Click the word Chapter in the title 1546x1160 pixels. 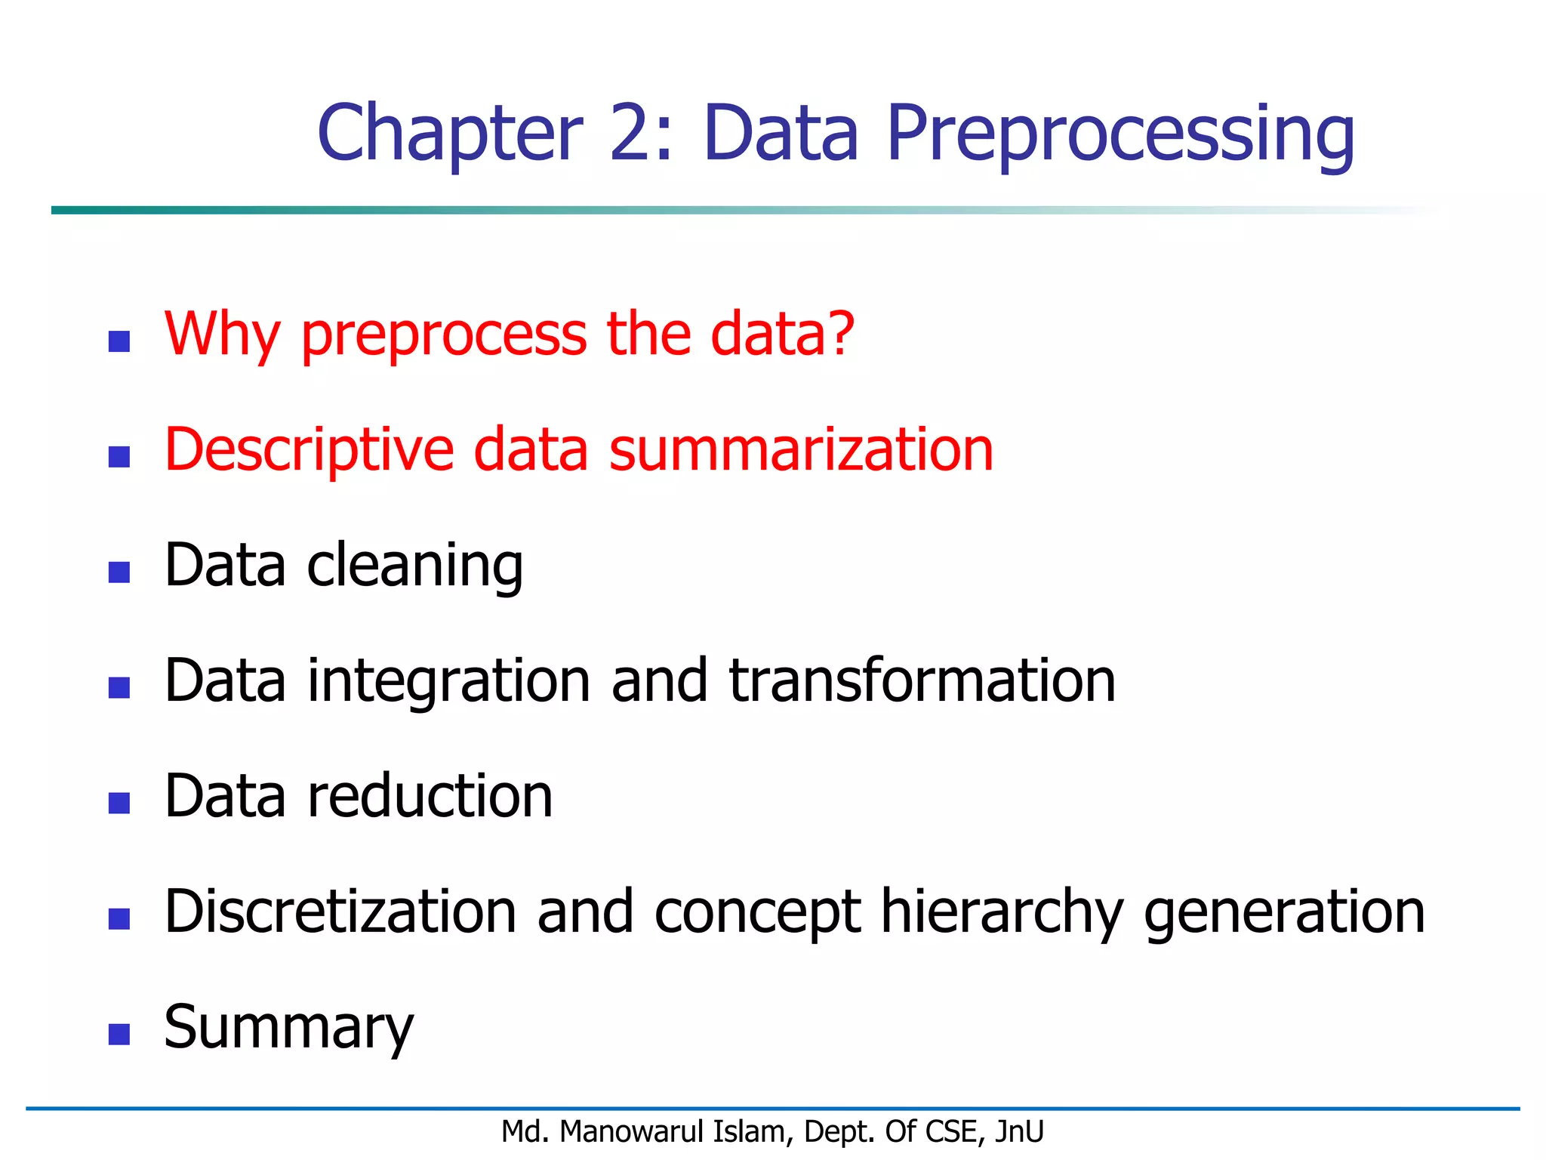click(x=450, y=133)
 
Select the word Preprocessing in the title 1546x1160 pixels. click(x=1120, y=134)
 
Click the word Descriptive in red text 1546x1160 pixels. click(x=309, y=451)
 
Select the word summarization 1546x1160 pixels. click(x=801, y=449)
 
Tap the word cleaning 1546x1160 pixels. click(x=414, y=566)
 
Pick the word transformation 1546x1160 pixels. click(x=922, y=680)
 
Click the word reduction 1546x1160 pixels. click(x=430, y=796)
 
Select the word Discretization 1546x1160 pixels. click(x=340, y=912)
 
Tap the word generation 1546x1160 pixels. click(x=1284, y=913)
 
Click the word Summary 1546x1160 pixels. click(x=289, y=1028)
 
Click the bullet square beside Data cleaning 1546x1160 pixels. click(x=119, y=572)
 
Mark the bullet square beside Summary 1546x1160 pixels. click(x=119, y=1034)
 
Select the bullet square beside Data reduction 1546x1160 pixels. click(x=119, y=803)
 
